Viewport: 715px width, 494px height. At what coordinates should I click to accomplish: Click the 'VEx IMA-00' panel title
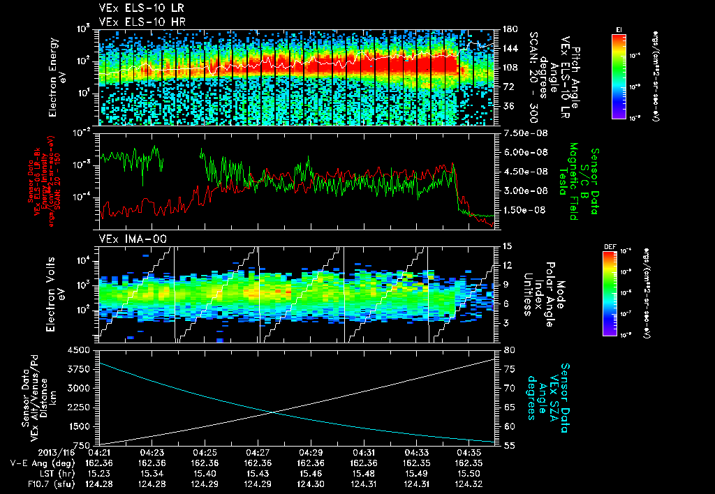pyautogui.click(x=124, y=239)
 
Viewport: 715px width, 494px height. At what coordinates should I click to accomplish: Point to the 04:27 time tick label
pyautogui.click(x=258, y=452)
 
